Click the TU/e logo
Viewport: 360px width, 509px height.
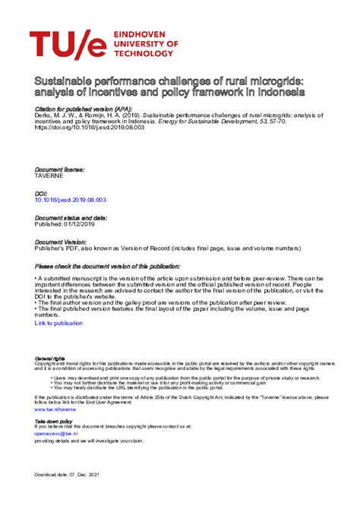tap(67, 46)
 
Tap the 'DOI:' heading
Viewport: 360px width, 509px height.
tap(42, 194)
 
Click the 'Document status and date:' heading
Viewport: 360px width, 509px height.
tap(71, 218)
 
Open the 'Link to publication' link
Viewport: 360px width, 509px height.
tap(58, 323)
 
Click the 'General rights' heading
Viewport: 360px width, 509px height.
tap(49, 358)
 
